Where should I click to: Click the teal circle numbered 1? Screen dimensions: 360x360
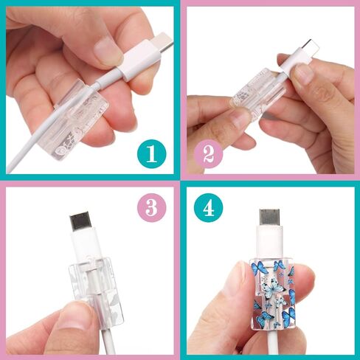(151, 154)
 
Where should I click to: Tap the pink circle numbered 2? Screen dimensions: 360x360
(208, 154)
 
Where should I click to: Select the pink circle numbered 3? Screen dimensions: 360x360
(151, 207)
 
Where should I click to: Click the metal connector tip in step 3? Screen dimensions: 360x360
(80, 221)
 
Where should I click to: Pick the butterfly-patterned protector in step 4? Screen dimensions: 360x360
(272, 294)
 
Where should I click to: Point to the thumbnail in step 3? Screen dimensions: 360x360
(72, 320)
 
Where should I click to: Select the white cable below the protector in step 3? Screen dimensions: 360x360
(108, 342)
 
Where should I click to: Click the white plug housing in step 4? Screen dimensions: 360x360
(269, 242)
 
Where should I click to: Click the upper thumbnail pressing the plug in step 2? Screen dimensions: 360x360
(304, 73)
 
